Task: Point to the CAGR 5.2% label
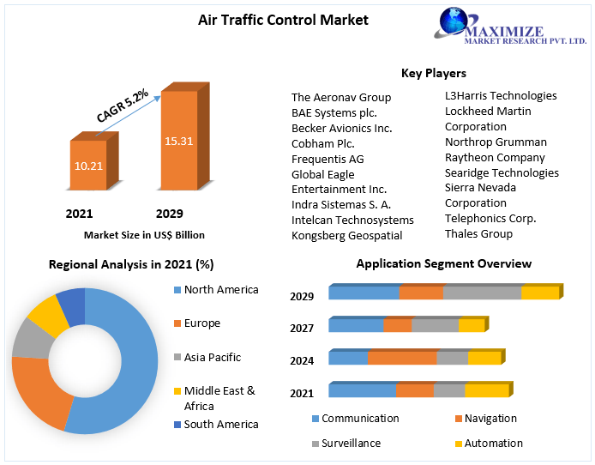pyautogui.click(x=122, y=104)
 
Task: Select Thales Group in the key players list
pyautogui.click(x=478, y=233)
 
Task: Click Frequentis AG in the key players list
pyautogui.click(x=328, y=159)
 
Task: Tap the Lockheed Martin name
pyautogui.click(x=488, y=111)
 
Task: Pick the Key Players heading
pyautogui.click(x=433, y=73)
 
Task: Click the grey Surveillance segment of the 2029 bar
pyautogui.click(x=482, y=293)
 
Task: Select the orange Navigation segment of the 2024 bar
pyautogui.click(x=402, y=358)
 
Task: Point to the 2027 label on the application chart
pyautogui.click(x=302, y=328)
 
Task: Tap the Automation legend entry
pyautogui.click(x=487, y=443)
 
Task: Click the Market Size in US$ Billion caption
pyautogui.click(x=144, y=234)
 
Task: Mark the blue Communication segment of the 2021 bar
pyautogui.click(x=362, y=390)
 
